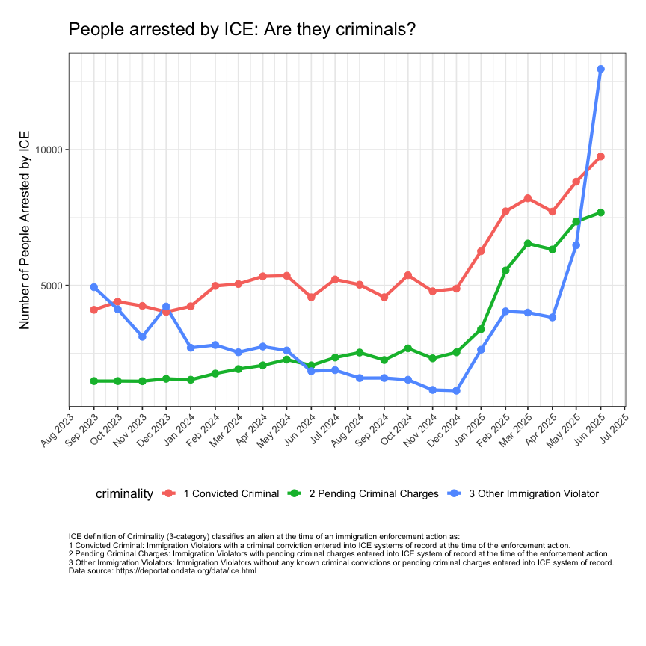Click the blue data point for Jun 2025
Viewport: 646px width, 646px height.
tap(600, 69)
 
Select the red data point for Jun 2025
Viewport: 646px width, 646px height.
tap(600, 156)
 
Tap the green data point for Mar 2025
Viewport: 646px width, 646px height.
tap(528, 244)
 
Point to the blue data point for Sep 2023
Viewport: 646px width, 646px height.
tap(93, 287)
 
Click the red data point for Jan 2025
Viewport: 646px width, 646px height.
tap(481, 251)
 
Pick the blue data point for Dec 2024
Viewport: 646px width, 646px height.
tap(456, 390)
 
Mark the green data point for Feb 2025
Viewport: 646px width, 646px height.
tap(505, 270)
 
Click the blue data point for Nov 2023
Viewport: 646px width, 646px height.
tap(142, 336)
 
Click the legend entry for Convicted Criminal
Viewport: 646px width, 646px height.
tap(231, 493)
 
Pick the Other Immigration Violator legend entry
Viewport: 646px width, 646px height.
tap(533, 493)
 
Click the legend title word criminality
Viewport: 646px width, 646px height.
tap(124, 493)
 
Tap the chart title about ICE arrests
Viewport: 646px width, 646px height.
tap(242, 30)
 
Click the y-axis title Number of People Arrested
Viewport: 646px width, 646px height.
tap(25, 230)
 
